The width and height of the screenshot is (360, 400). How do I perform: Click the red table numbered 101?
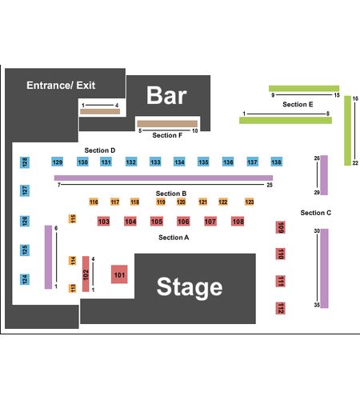point(119,274)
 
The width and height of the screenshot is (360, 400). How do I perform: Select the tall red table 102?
point(86,274)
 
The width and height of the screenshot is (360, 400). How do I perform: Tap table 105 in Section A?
point(157,222)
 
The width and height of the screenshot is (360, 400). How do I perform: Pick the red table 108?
point(238,222)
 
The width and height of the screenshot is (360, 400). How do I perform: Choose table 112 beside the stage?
point(280,308)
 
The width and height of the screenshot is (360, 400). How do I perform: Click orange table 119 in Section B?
point(161,202)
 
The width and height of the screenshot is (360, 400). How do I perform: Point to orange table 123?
point(250,202)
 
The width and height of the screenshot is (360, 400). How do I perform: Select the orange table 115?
point(73,218)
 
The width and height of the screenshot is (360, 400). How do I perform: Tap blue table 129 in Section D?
point(58,162)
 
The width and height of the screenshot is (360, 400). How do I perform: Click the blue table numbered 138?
point(276,162)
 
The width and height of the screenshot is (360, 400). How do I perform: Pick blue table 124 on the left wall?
point(25,279)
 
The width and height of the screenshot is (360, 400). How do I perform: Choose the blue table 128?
point(25,162)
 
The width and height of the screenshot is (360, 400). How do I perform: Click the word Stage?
point(190,287)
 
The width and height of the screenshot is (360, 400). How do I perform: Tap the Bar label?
point(166,95)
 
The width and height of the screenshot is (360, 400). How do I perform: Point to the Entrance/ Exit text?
point(61,86)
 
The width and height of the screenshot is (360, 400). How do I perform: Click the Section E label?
point(298,104)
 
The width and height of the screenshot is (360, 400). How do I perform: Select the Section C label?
point(316,213)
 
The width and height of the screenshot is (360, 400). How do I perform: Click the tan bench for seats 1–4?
point(100,111)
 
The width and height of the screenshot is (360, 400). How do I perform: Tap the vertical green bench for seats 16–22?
point(347,130)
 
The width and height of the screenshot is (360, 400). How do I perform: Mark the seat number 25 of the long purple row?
point(270,185)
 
